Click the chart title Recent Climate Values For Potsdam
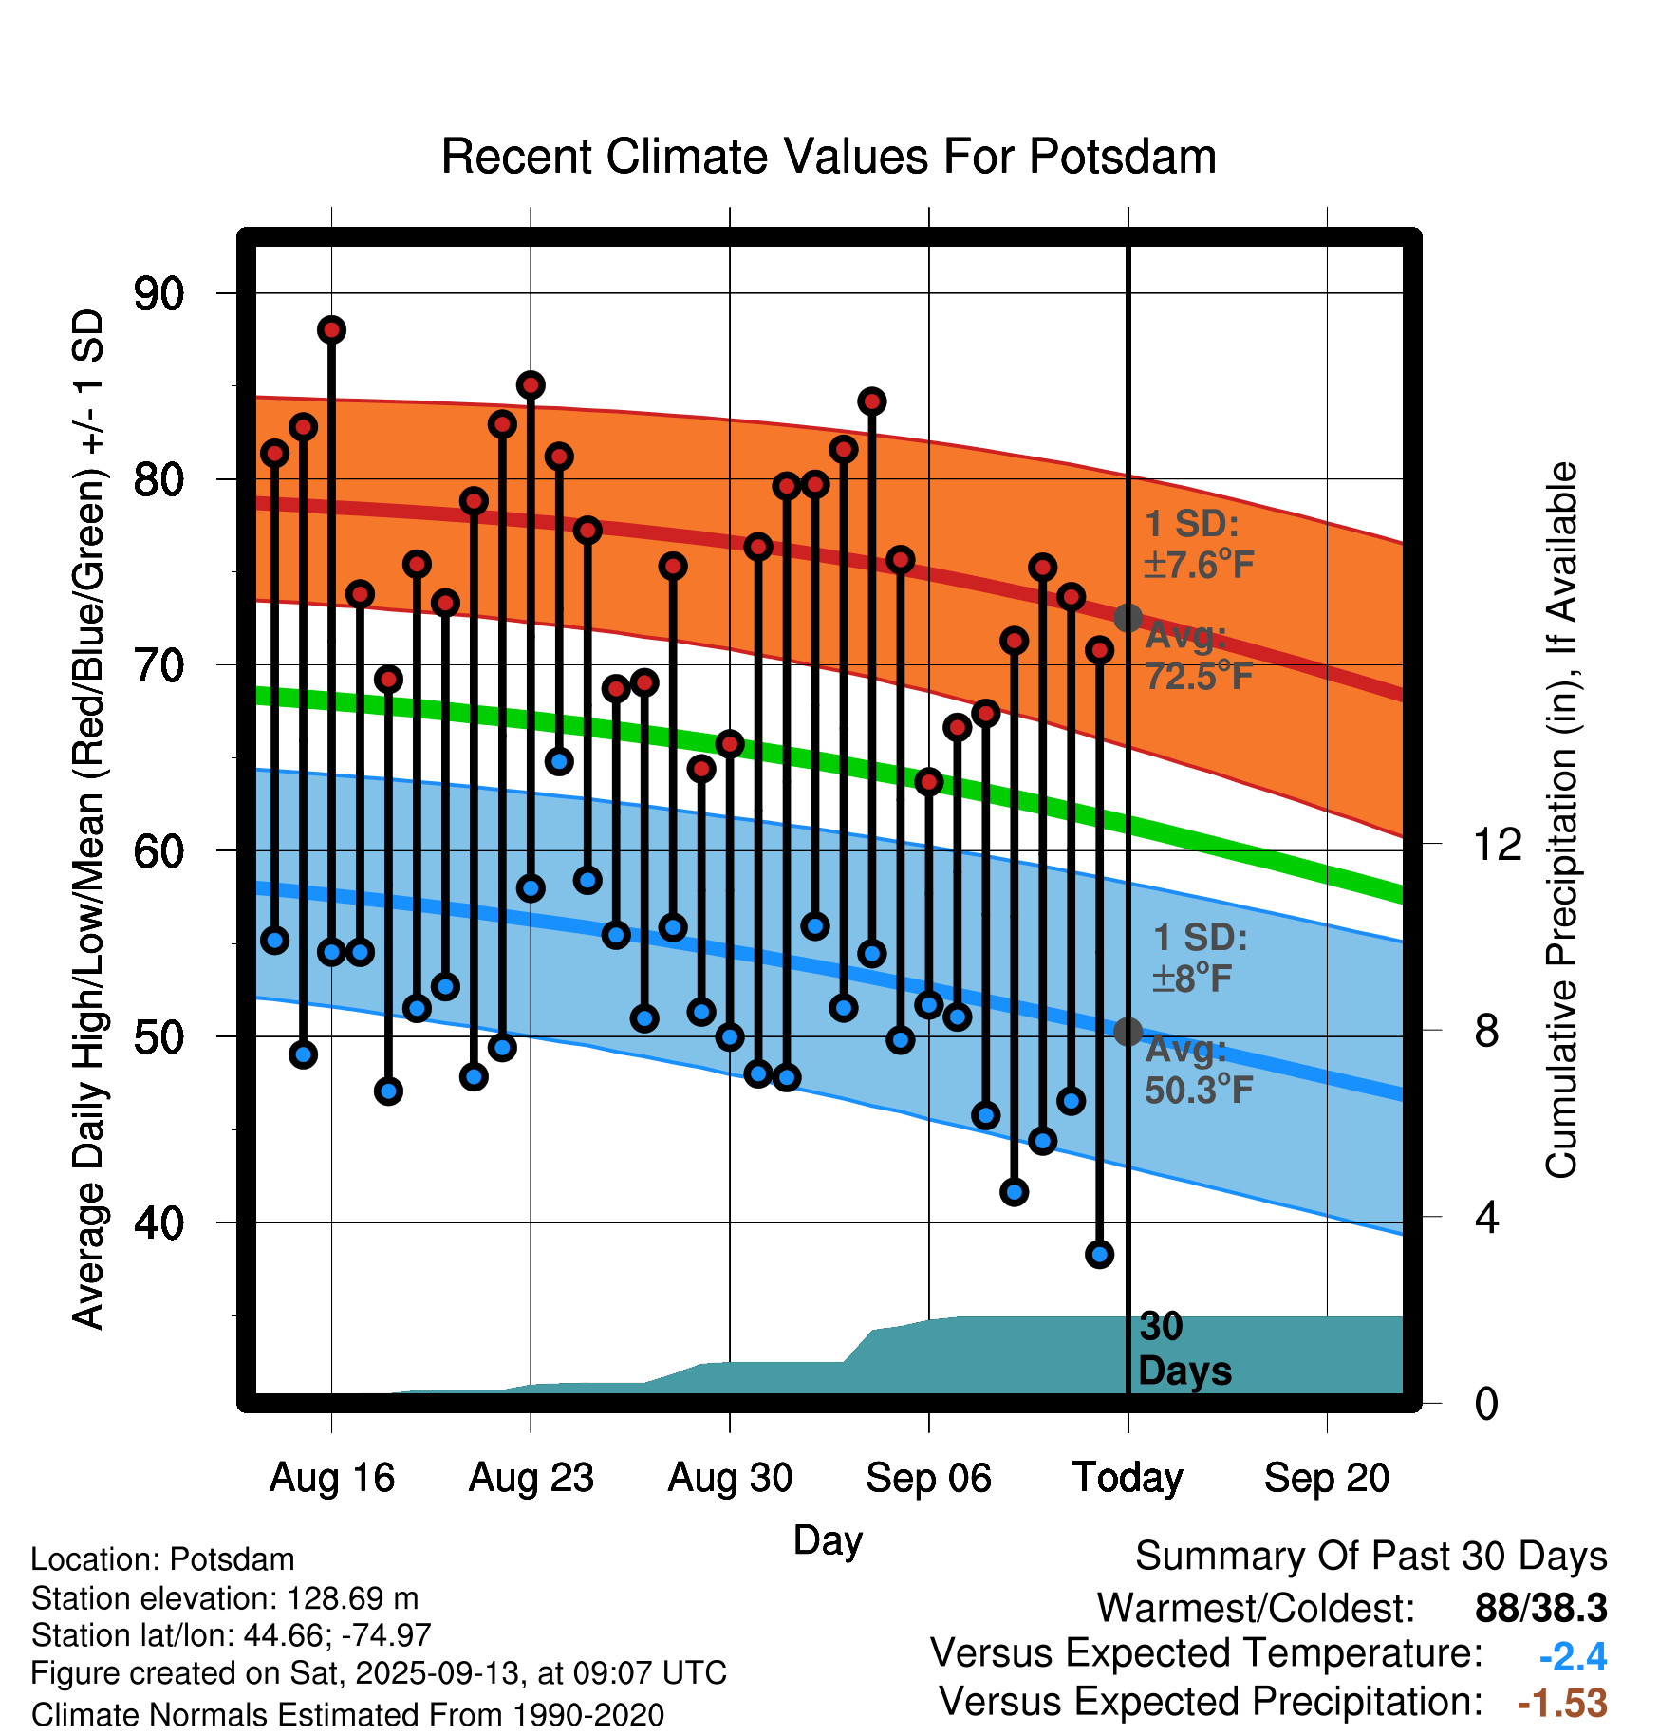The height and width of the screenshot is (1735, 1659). click(829, 157)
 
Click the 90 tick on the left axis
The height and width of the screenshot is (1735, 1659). click(158, 294)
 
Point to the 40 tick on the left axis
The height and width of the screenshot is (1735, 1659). click(158, 1222)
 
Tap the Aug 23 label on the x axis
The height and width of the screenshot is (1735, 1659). click(531, 1478)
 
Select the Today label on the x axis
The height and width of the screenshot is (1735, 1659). click(1128, 1478)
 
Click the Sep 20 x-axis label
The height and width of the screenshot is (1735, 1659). click(1326, 1478)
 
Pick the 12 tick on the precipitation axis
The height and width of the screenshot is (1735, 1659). click(1497, 844)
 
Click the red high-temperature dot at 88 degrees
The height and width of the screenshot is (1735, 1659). click(331, 330)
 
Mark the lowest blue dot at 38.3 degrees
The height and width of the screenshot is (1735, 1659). click(1099, 1255)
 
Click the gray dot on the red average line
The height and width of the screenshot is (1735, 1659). click(1128, 618)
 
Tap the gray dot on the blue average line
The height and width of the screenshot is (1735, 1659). click(1128, 1032)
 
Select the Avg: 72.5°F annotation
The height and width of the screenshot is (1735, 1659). click(1198, 656)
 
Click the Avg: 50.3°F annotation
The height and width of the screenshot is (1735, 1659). click(1198, 1070)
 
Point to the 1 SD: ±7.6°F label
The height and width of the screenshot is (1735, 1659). click(1198, 545)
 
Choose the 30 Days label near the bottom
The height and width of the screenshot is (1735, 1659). click(1184, 1349)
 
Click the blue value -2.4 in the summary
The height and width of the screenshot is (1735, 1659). click(1572, 1657)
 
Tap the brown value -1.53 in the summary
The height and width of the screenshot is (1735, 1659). click(1561, 1703)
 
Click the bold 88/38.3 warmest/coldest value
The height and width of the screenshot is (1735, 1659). click(1540, 1609)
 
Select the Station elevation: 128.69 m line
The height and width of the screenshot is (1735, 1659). click(224, 1598)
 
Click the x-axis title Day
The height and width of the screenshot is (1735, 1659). click(828, 1539)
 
